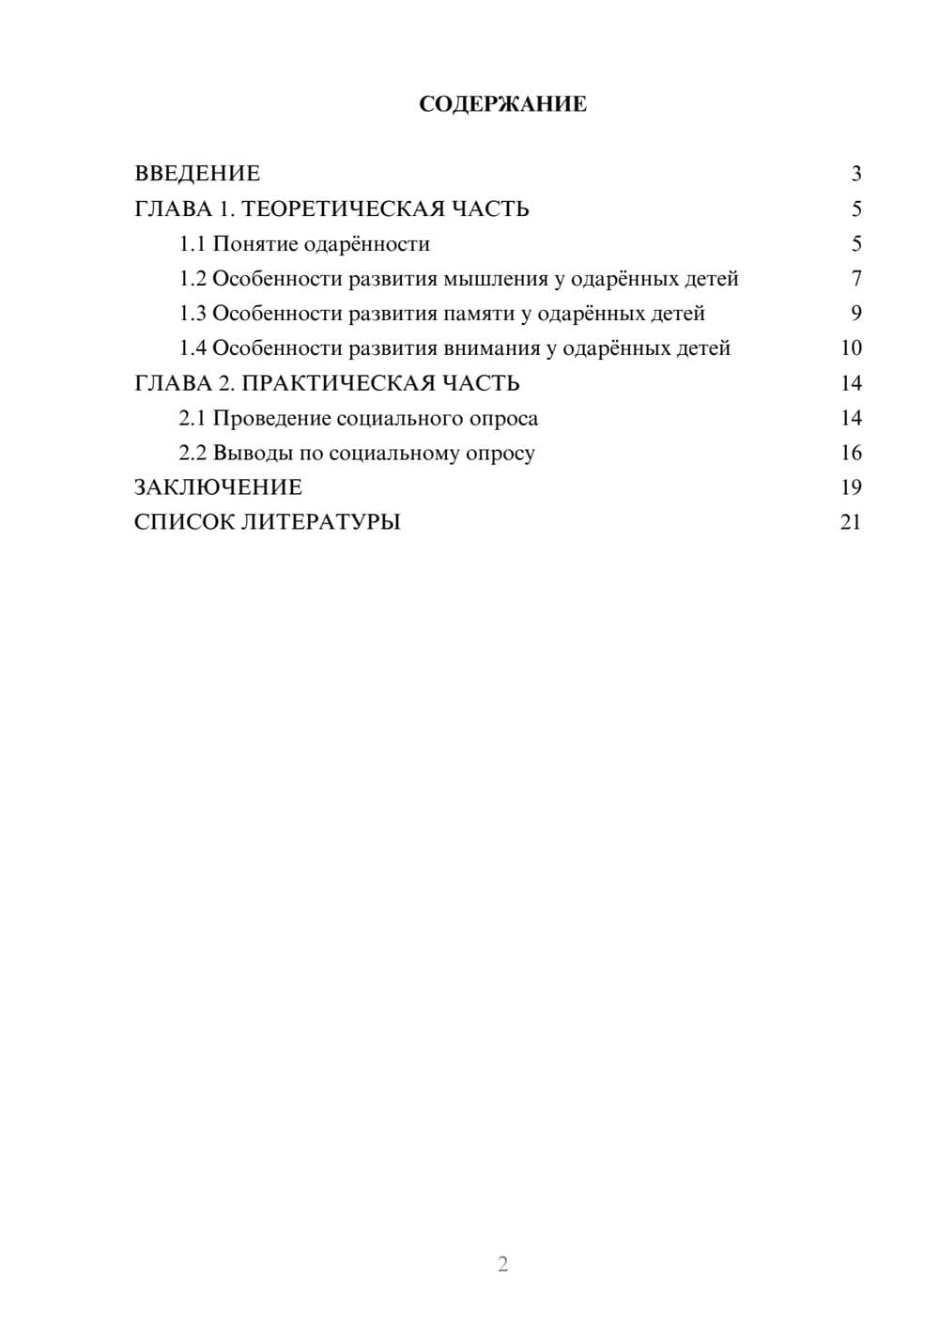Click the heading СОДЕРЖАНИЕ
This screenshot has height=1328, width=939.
coord(502,104)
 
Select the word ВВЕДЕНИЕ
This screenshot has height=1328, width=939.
coord(197,174)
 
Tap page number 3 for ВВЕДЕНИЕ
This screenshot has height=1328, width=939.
coord(855,174)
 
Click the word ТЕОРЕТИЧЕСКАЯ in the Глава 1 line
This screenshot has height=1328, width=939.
coord(342,208)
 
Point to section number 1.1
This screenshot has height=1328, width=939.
coord(192,244)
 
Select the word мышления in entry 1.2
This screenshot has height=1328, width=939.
coord(494,280)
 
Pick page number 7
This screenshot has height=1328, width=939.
coord(855,279)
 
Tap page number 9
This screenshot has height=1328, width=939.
coord(855,314)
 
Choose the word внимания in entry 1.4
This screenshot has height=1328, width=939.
coord(489,348)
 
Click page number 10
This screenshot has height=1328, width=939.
coord(851,348)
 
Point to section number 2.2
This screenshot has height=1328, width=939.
coord(192,454)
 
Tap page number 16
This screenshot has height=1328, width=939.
coord(851,454)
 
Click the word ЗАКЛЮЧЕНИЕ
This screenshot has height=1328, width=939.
coord(218,487)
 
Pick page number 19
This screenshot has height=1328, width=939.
coord(851,487)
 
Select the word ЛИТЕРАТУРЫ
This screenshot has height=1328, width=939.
coord(321,522)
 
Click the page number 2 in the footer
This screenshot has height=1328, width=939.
coord(502,1264)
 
